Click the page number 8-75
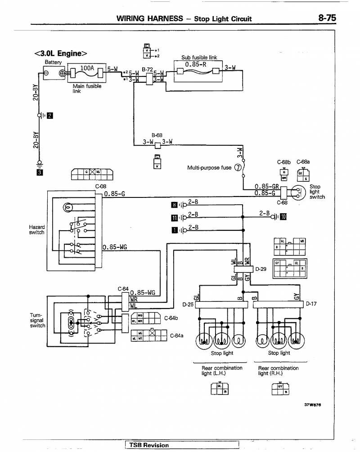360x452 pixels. pyautogui.click(x=327, y=18)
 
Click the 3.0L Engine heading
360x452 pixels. pyautogui.click(x=61, y=54)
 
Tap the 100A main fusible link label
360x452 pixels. pyautogui.click(x=87, y=68)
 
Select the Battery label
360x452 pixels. pyautogui.click(x=53, y=62)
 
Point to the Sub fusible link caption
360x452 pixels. pyautogui.click(x=199, y=58)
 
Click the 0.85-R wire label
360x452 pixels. pyautogui.click(x=195, y=63)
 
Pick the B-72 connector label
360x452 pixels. pyautogui.click(x=147, y=70)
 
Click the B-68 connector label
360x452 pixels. pyautogui.click(x=157, y=134)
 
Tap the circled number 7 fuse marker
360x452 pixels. pyautogui.click(x=238, y=168)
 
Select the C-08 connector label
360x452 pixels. pyautogui.click(x=100, y=187)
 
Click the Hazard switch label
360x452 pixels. pyautogui.click(x=36, y=230)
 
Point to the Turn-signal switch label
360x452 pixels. pyautogui.click(x=37, y=320)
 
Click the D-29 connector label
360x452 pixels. pyautogui.click(x=261, y=269)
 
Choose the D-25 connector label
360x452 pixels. pyautogui.click(x=188, y=304)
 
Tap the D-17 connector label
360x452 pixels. pyautogui.click(x=311, y=304)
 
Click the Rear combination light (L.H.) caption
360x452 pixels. pyautogui.click(x=222, y=371)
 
